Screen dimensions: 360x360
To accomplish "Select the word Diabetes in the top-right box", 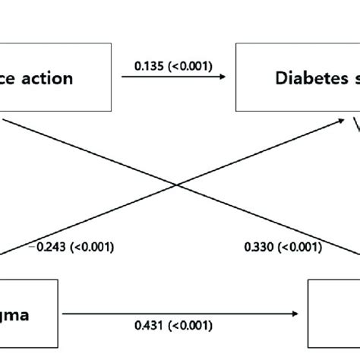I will point(307,77).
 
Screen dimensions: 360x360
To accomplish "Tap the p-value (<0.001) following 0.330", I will point(295,247).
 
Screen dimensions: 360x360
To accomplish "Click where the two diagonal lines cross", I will point(178,185).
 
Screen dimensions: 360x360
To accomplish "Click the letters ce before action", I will point(8,77).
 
